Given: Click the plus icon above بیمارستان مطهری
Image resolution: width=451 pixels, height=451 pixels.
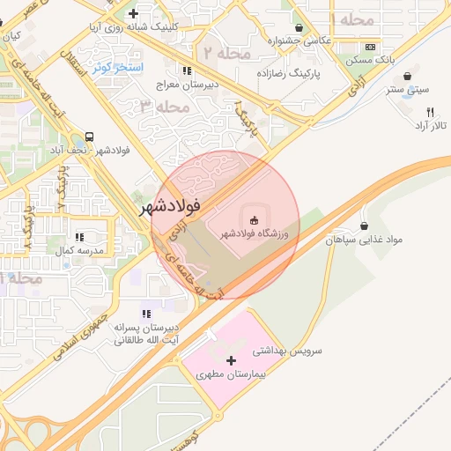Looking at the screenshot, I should pos(231,360).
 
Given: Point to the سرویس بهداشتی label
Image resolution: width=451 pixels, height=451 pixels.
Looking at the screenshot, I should pos(288,350).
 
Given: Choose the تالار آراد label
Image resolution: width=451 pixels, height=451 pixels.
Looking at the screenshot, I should pos(431,126).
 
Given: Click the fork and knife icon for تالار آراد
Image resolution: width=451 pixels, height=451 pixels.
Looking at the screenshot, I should pos(430,112).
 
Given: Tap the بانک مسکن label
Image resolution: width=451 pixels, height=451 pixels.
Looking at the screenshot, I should pos(373,60).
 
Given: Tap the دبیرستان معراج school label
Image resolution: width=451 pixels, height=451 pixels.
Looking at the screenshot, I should pos(187,85).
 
